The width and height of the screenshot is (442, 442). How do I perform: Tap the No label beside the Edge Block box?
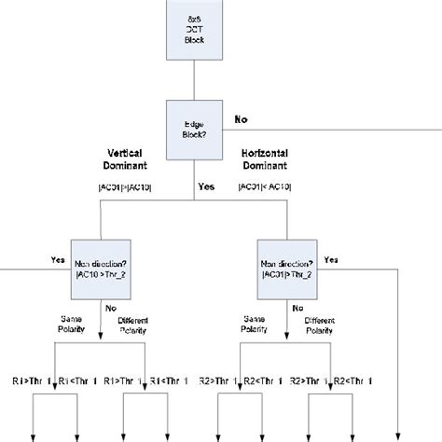point(242,119)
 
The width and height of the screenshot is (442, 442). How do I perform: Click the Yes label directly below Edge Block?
point(207,186)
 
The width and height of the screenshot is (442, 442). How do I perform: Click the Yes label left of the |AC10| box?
point(58,260)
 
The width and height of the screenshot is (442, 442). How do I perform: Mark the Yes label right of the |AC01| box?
point(331,260)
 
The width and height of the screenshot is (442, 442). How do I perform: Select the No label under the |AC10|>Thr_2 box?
point(111,308)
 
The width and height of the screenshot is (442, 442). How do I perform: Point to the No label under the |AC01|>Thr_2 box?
point(297,308)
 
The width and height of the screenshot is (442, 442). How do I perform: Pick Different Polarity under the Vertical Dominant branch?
point(134,327)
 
